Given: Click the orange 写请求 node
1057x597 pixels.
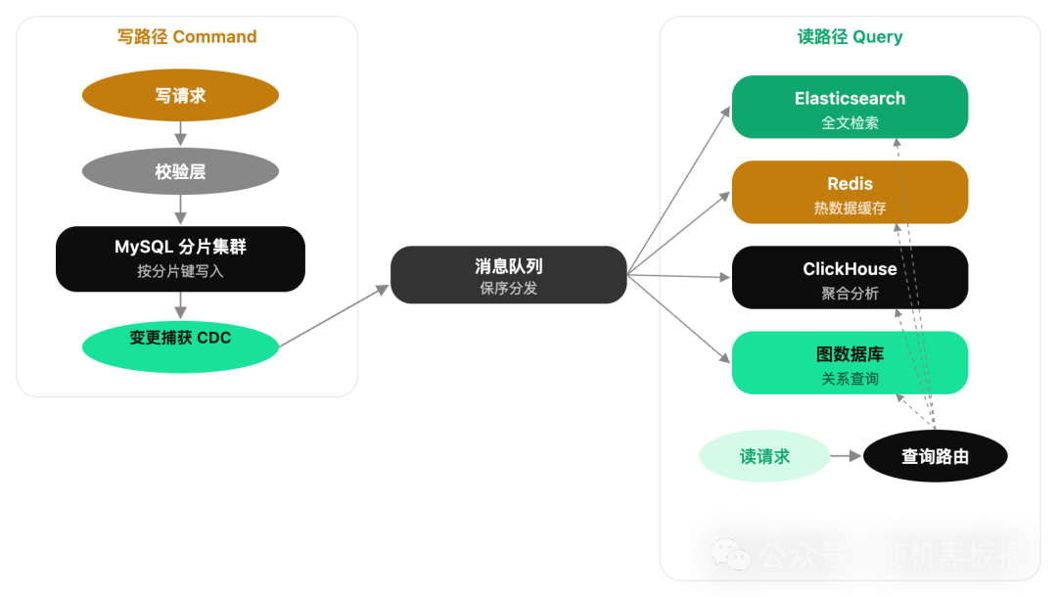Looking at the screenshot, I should [180, 97].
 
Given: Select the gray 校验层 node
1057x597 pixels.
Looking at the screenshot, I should [180, 172].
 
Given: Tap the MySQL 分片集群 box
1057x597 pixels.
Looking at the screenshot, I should [180, 259].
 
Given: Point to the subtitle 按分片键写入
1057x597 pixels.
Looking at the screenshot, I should [180, 272].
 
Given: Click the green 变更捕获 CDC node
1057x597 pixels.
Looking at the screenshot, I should [180, 339].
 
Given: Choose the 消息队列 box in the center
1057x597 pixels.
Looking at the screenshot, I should [508, 277].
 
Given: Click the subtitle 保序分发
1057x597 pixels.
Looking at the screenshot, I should [508, 290].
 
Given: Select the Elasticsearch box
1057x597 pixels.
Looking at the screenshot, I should [850, 110].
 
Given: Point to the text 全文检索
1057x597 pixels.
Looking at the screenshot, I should [850, 123].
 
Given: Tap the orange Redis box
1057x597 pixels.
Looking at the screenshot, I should [850, 195].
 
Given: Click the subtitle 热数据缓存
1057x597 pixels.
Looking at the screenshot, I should [850, 208].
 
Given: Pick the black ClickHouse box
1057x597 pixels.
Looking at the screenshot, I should [850, 280].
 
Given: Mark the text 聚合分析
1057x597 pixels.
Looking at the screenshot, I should [850, 294].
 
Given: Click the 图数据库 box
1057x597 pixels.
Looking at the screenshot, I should [850, 365].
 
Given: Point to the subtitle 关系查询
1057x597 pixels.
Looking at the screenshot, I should [850, 379].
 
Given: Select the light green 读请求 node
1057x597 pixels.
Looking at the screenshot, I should [764, 457].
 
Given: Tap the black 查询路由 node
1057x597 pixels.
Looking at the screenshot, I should [935, 457].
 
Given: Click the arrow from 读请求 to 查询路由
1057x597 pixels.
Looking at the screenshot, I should [844, 457].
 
